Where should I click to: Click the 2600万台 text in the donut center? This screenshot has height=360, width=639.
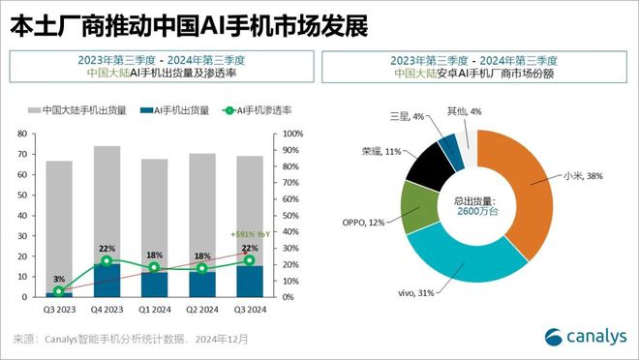tap(476, 211)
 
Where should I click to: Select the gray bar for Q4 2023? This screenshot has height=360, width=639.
tap(106, 203)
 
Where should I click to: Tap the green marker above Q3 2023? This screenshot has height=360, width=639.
tap(59, 290)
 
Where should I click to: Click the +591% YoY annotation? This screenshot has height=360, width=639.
tap(251, 234)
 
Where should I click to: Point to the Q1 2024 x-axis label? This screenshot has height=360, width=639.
tap(154, 310)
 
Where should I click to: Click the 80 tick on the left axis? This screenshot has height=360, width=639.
tap(21, 133)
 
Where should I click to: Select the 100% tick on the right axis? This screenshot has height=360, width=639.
tap(292, 133)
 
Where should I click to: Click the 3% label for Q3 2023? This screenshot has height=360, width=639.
tap(58, 279)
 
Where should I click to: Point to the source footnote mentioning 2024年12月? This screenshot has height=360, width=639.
tap(131, 340)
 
